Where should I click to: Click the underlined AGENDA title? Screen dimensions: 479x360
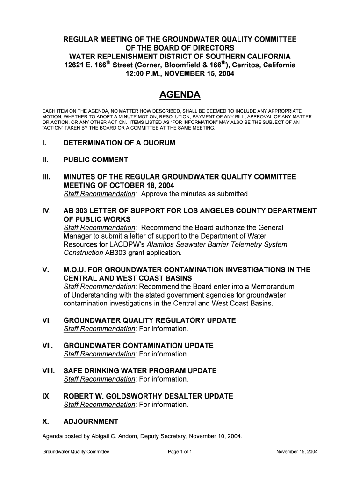coord(180,95)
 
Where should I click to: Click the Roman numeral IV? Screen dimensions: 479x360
coord(46,211)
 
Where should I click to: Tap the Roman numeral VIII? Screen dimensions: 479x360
coord(49,371)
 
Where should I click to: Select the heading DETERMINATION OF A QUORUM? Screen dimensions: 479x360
coord(119,143)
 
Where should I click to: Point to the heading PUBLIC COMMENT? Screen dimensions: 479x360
coord(95,160)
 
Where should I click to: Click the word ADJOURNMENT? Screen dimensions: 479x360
coord(91,421)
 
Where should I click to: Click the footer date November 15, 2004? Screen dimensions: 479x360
coord(297,452)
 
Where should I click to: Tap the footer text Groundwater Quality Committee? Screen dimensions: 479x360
coord(76,452)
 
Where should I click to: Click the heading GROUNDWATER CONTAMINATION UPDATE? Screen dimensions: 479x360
coord(138,346)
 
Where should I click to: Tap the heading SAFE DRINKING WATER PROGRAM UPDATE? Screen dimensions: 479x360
coord(140,371)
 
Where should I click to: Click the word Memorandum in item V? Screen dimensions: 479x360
coord(271,287)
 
